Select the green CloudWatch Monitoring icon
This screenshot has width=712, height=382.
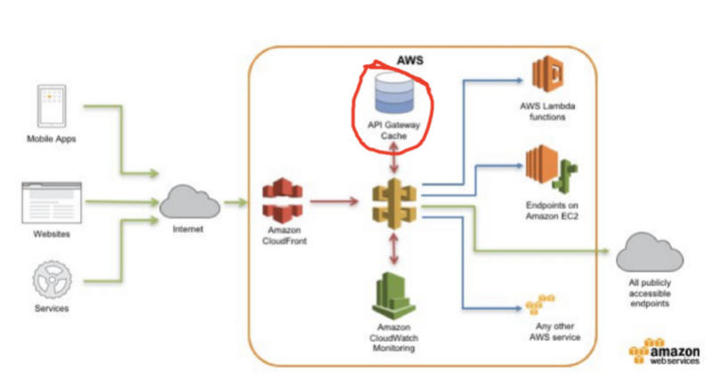pos(392,293)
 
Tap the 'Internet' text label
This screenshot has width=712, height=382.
pos(187,231)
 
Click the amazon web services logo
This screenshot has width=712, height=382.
pos(665,354)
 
